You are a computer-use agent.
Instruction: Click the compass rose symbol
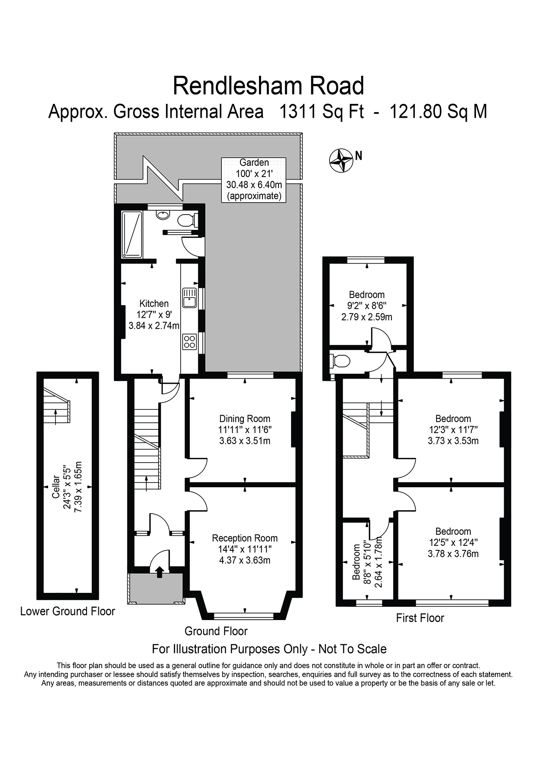click(x=340, y=160)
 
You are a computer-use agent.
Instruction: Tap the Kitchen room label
click(x=154, y=303)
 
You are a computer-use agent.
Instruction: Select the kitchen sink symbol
click(x=189, y=298)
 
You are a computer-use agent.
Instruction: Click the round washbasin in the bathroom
click(x=163, y=215)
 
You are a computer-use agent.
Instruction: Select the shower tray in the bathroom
click(x=132, y=234)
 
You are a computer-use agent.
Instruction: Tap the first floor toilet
click(x=340, y=360)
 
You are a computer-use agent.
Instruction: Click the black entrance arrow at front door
click(x=159, y=572)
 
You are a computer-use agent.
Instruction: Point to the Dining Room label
click(x=245, y=418)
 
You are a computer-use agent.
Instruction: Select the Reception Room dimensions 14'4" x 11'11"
click(x=245, y=549)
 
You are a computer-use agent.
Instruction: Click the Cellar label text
click(x=56, y=487)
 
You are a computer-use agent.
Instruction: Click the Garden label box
click(x=254, y=179)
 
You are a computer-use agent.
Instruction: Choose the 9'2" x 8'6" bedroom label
click(x=367, y=306)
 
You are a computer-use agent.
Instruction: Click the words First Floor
click(x=420, y=618)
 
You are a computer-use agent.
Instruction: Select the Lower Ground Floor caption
click(x=68, y=611)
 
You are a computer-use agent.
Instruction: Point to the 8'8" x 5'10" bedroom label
click(x=367, y=562)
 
